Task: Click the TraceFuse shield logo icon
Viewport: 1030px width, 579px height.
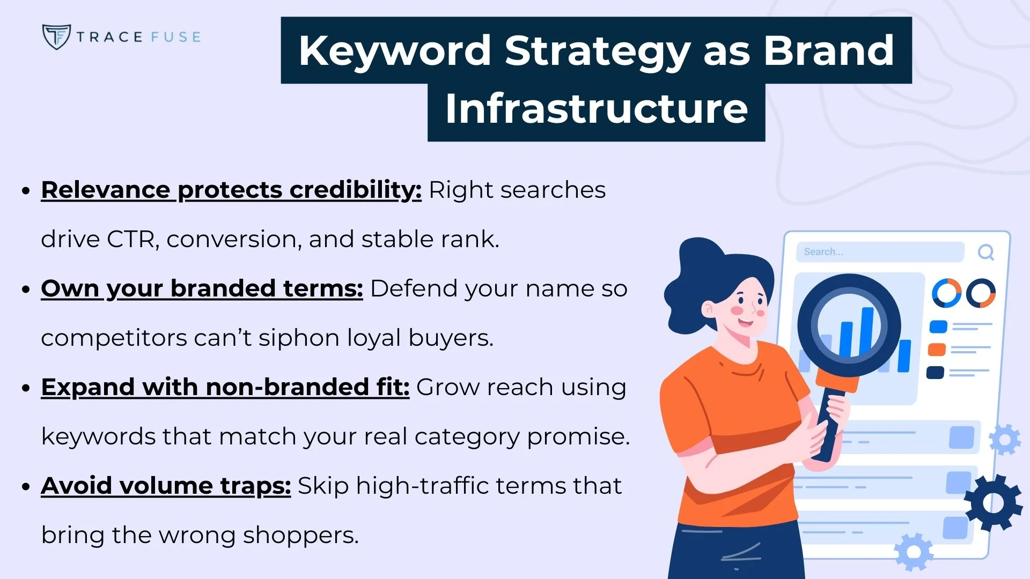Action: pyautogui.click(x=56, y=36)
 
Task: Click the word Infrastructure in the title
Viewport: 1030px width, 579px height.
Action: pyautogui.click(x=596, y=109)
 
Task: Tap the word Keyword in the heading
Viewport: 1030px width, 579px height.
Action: pyautogui.click(x=394, y=50)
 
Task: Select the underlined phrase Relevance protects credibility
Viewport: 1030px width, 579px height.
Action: pyautogui.click(x=231, y=190)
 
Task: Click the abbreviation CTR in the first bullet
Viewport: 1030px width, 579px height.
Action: pyautogui.click(x=130, y=239)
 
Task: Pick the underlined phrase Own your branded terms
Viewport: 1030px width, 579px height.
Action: pyautogui.click(x=202, y=289)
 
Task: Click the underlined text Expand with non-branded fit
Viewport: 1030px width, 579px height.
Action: pyautogui.click(x=225, y=388)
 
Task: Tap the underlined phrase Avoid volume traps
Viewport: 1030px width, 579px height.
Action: pyautogui.click(x=166, y=486)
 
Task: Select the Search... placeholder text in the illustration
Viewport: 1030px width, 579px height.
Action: pyautogui.click(x=823, y=252)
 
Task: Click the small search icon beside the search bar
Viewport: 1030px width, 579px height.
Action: pyautogui.click(x=985, y=252)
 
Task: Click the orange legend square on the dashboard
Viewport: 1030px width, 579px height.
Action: pyautogui.click(x=937, y=350)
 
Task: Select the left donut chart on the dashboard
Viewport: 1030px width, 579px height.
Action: pyautogui.click(x=946, y=293)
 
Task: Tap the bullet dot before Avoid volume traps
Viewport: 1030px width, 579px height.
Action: pyautogui.click(x=25, y=487)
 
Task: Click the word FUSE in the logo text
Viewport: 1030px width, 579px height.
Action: pyautogui.click(x=175, y=37)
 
